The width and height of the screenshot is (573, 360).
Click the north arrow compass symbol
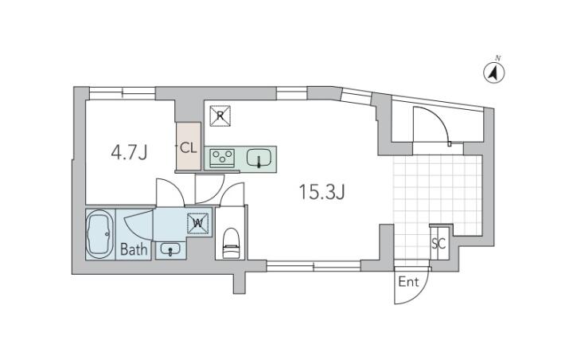tap(494, 72)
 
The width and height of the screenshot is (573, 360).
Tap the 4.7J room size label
tap(129, 153)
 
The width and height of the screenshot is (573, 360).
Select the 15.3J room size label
tap(322, 192)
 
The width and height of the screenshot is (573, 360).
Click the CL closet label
tap(189, 148)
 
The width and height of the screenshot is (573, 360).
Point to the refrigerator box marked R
tap(220, 116)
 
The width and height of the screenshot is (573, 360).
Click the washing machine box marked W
tap(198, 223)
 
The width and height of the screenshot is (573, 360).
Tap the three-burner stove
tap(222, 158)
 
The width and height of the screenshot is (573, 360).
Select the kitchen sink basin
tap(259, 158)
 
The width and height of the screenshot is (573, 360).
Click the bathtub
tap(100, 234)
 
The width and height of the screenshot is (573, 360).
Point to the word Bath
tap(134, 249)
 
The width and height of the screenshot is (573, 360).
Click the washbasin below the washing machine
tap(170, 250)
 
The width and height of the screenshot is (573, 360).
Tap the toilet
tap(232, 243)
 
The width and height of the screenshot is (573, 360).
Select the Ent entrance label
tap(408, 282)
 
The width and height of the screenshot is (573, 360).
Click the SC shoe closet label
tap(439, 244)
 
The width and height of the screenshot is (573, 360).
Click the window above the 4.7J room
tap(122, 93)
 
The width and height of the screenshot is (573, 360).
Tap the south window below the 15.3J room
tap(314, 266)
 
